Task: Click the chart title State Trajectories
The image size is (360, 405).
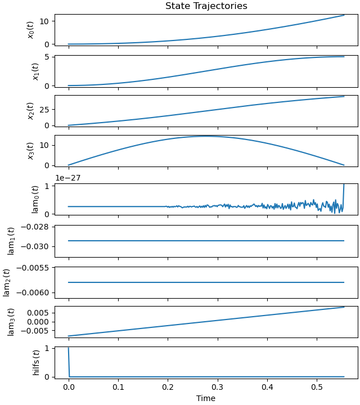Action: [206, 6]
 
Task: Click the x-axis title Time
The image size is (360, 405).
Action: [206, 398]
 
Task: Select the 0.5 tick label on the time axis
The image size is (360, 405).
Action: [317, 388]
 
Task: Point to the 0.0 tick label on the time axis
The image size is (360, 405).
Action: [69, 388]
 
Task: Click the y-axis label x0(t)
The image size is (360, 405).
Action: [31, 29]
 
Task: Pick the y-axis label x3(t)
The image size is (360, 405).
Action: [31, 151]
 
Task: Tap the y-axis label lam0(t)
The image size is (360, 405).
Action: [35, 199]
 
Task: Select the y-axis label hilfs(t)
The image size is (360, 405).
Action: [36, 362]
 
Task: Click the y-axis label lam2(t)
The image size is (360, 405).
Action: [7, 282]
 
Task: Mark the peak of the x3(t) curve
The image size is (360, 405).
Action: [206, 136]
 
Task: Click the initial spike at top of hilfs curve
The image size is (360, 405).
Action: [69, 348]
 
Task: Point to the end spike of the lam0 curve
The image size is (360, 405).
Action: [344, 186]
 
